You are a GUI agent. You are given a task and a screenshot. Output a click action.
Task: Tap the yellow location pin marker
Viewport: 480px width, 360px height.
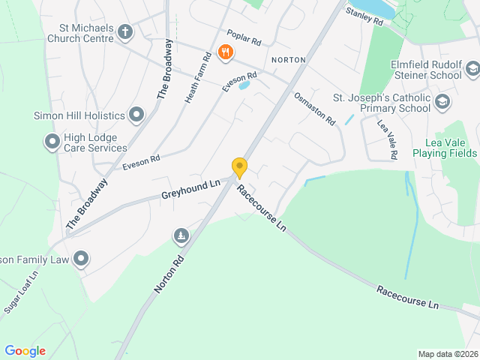click(239, 167)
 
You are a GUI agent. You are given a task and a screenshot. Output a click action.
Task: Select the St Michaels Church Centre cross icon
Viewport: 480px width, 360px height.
click(125, 32)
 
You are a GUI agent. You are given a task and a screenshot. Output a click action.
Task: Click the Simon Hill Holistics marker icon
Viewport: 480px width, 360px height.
click(136, 115)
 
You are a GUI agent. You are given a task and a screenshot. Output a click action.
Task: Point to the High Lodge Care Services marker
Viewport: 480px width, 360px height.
click(52, 141)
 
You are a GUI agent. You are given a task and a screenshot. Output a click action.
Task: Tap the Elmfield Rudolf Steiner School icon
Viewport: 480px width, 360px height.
click(472, 70)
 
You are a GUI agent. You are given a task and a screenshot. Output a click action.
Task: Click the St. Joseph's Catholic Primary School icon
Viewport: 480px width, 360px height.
click(442, 101)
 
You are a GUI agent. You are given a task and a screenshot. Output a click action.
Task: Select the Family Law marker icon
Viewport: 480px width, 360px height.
click(81, 259)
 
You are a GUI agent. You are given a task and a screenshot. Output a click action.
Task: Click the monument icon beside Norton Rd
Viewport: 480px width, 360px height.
click(181, 237)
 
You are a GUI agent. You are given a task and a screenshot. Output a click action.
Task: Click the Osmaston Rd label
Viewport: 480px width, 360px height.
click(314, 109)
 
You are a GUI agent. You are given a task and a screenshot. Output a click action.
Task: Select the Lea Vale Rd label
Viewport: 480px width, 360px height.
click(386, 139)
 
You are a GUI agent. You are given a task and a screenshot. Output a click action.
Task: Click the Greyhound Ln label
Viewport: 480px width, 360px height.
click(190, 188)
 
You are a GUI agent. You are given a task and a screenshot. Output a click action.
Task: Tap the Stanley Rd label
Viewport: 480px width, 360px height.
click(364, 17)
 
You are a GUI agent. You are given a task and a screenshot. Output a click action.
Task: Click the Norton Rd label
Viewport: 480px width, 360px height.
click(169, 271)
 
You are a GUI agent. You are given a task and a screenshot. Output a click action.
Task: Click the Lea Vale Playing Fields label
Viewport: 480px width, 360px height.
click(450, 148)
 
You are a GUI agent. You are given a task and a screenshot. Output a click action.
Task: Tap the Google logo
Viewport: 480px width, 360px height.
click(25, 350)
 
